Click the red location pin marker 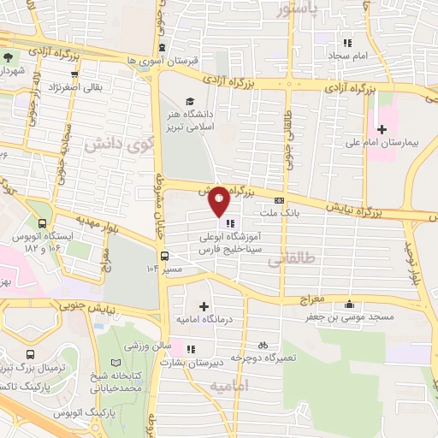click(219, 202)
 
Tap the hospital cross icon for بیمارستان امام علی click(382, 128)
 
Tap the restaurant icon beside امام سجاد click(347, 42)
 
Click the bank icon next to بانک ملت click(277, 199)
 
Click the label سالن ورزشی click(145, 346)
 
